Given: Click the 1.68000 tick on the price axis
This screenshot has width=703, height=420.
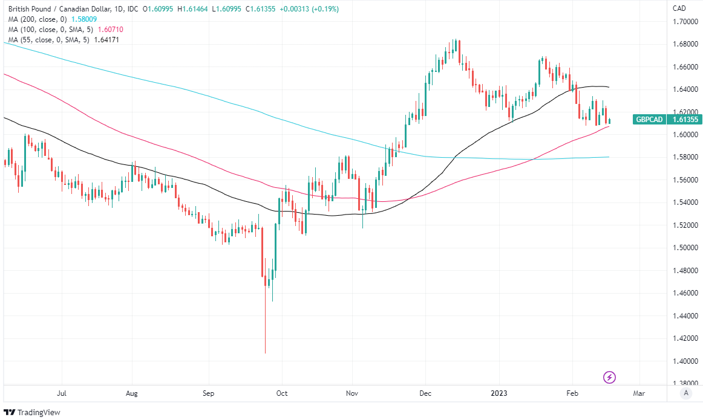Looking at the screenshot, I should pos(687,44).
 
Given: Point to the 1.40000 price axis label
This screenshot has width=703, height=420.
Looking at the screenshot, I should pos(687,361).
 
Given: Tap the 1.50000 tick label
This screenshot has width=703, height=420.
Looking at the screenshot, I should pos(687,248).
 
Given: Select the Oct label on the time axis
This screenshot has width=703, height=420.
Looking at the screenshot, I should pos(282,393).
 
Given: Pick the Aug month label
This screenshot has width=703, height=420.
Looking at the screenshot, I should pos(132,393).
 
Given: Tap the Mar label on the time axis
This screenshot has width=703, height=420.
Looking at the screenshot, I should pos(639,393).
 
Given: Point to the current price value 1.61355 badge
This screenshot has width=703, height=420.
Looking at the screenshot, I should pos(684,120).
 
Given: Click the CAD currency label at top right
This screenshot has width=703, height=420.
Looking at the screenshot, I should pos(679,8).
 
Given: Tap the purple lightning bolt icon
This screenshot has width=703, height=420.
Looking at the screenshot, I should pos(610,378).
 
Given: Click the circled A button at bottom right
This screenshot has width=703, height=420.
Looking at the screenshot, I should pos(685,393).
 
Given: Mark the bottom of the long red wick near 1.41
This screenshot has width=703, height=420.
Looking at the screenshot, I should pos(266,353).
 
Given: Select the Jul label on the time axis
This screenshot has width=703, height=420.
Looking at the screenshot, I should pos(61,393).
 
